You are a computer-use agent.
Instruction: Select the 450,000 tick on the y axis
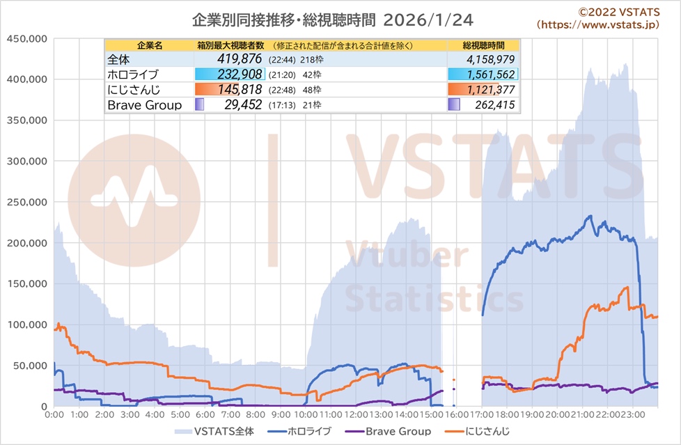[26, 38]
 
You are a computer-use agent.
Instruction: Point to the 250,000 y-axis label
[26, 202]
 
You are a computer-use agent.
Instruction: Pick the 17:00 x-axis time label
[482, 414]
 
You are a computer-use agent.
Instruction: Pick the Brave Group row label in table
[145, 105]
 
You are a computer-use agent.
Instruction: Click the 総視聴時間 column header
[483, 45]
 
